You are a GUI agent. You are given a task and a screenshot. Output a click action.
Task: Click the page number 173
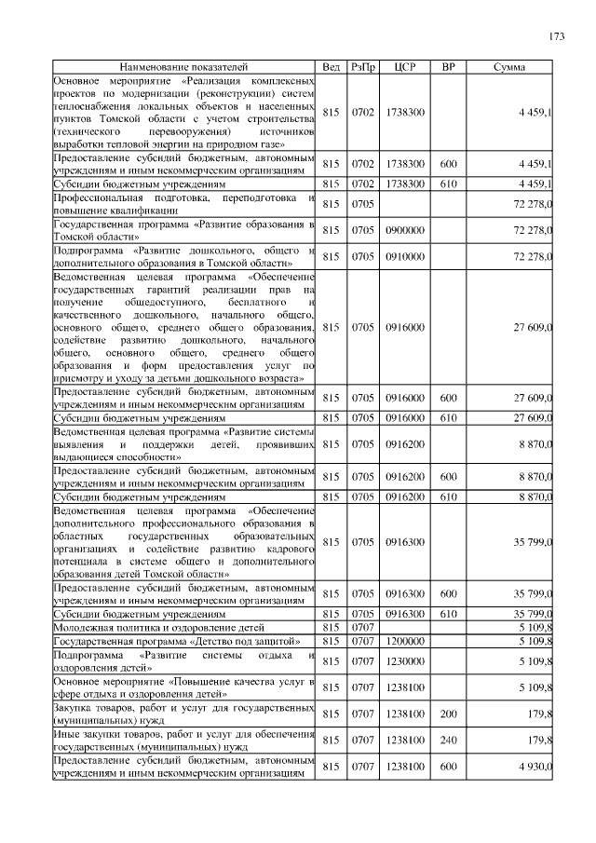556,36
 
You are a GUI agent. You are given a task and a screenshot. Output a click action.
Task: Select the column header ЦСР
405,67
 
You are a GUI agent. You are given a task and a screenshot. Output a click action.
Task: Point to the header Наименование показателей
184,67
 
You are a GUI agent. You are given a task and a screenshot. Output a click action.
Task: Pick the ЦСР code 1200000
405,642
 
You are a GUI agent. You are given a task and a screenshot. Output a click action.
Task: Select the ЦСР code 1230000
405,661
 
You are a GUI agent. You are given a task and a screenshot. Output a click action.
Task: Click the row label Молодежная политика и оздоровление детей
159,628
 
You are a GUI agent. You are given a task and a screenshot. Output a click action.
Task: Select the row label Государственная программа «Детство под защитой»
176,642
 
